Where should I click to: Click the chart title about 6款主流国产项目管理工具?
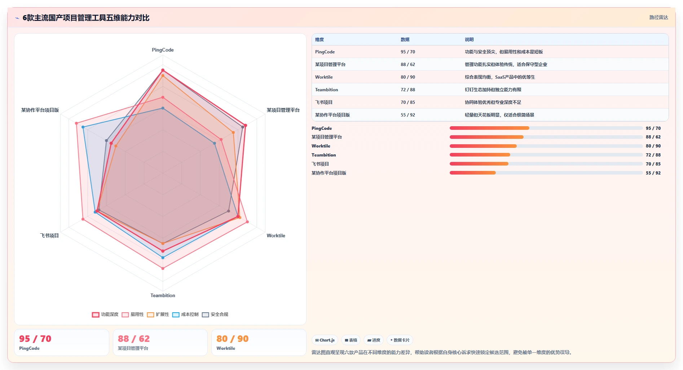click(86, 18)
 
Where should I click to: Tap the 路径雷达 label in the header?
click(658, 17)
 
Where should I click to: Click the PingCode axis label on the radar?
click(163, 50)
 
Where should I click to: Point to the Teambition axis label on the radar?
click(163, 295)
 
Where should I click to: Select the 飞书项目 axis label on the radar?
click(49, 235)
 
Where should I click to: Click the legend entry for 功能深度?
click(105, 314)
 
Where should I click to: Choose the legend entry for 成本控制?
click(185, 314)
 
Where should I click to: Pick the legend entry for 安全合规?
click(215, 314)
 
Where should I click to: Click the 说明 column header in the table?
click(469, 40)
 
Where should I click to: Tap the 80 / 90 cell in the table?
click(408, 77)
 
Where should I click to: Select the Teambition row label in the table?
click(326, 90)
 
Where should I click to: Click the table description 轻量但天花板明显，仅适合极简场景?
click(499, 115)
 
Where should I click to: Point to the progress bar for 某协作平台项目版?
click(546, 173)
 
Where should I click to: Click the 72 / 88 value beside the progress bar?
click(653, 155)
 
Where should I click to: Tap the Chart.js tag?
click(325, 340)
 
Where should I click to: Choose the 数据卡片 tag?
click(400, 340)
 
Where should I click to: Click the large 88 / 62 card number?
click(134, 339)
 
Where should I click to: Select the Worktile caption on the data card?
click(226, 348)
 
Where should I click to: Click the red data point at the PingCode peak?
click(163, 70)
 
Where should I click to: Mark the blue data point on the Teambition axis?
click(163, 257)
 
